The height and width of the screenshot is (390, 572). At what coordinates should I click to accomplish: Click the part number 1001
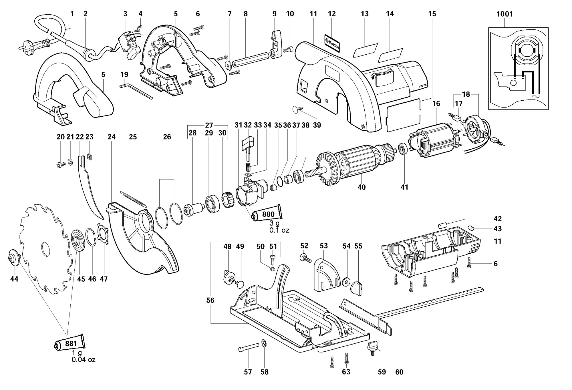click(505, 14)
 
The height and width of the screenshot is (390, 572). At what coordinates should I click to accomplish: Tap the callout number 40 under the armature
click(362, 187)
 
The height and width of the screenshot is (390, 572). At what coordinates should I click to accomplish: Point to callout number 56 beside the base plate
click(210, 300)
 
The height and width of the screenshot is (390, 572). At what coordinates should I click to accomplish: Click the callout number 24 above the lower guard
click(112, 137)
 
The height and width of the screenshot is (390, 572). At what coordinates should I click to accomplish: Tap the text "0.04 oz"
click(84, 360)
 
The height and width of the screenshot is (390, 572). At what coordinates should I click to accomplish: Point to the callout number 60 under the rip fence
click(399, 372)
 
